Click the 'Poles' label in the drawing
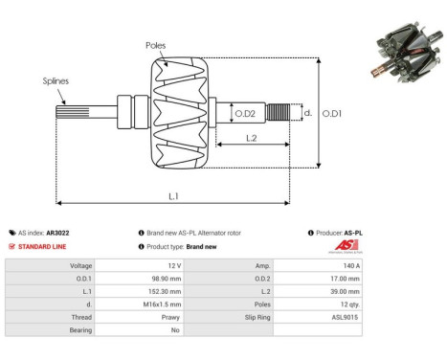[155, 46]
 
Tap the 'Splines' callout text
[56, 81]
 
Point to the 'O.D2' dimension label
[245, 114]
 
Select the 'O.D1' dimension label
[332, 113]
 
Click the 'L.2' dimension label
[252, 138]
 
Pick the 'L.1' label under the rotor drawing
[173, 196]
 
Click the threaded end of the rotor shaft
[279, 112]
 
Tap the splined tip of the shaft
[73, 112]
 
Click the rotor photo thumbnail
[407, 52]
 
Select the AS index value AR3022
[57, 233]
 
